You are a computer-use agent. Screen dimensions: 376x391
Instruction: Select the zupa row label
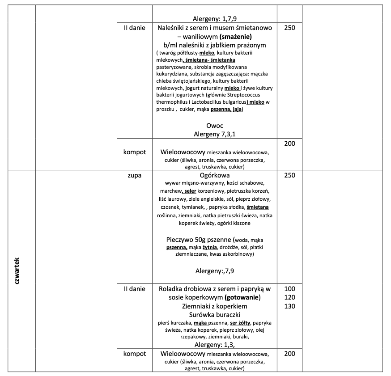135,175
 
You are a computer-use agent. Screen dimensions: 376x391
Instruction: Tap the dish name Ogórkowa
215,175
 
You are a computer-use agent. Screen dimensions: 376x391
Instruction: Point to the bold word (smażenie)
236,36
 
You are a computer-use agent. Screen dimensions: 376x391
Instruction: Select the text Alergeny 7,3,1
215,134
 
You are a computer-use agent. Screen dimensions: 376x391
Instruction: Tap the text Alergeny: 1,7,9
215,19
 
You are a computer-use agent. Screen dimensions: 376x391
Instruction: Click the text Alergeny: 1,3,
215,344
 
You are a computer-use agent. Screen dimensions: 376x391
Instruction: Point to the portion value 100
289,289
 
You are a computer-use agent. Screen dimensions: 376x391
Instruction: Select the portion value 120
289,297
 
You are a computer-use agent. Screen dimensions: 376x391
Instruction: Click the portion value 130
289,306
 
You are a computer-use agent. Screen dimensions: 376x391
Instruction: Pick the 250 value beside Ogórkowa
289,175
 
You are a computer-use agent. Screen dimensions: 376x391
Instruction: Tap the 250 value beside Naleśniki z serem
289,28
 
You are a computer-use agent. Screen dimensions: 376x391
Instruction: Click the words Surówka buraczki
215,315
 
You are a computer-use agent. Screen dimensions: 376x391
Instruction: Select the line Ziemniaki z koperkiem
215,306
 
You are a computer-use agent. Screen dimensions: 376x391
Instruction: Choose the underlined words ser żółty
240,322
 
